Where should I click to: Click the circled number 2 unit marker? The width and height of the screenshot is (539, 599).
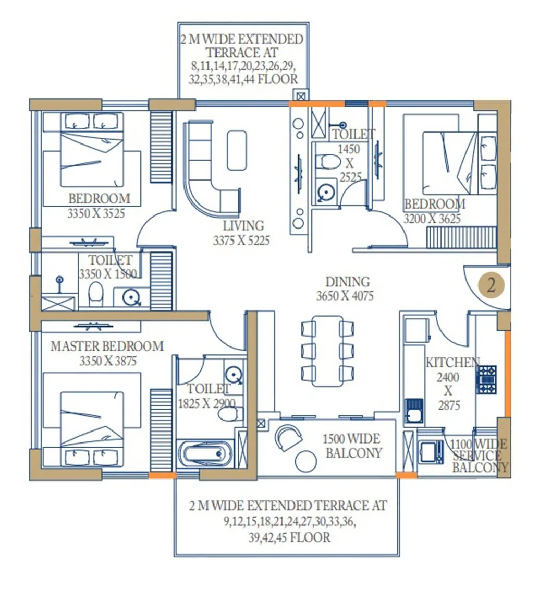490,285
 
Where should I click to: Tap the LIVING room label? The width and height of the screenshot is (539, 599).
243,226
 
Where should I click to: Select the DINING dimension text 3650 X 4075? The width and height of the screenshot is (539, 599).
345,296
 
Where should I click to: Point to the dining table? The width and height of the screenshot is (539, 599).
328,351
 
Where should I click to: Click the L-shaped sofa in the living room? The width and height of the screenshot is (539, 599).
206,172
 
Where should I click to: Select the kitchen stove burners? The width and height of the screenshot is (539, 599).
487,379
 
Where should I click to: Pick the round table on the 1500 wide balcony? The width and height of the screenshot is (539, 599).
305,461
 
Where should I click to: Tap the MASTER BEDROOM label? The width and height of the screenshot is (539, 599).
107,346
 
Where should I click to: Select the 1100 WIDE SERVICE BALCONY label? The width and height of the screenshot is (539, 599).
479,456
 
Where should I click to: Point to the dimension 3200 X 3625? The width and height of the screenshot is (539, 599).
432,219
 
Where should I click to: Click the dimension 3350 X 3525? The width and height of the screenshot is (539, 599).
96,213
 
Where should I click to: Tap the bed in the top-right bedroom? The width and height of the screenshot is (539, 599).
451,162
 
